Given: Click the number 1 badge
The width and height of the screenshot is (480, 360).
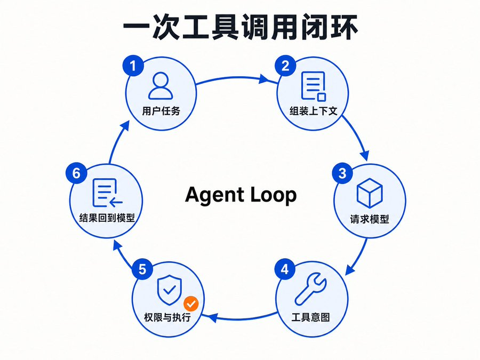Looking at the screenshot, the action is pyautogui.click(x=133, y=66).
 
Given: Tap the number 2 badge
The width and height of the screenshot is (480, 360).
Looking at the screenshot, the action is pyautogui.click(x=285, y=66).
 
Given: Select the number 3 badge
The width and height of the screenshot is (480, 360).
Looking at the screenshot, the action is pyautogui.click(x=342, y=173).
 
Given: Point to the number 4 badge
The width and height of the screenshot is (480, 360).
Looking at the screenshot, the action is pyautogui.click(x=285, y=269).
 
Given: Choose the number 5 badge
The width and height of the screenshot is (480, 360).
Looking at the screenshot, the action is pyautogui.click(x=142, y=269).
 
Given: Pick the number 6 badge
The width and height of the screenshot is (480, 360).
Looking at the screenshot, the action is pyautogui.click(x=76, y=173).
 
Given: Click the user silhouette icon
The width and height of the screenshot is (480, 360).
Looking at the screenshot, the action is pyautogui.click(x=161, y=86).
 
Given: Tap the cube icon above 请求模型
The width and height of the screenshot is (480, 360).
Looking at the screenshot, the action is pyautogui.click(x=370, y=193).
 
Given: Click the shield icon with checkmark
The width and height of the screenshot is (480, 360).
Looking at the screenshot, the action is pyautogui.click(x=169, y=290).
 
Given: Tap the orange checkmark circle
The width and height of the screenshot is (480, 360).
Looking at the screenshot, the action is pyautogui.click(x=191, y=304).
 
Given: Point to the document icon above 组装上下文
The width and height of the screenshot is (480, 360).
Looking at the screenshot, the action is pyautogui.click(x=313, y=86).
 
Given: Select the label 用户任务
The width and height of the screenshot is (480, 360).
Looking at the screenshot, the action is pyautogui.click(x=161, y=111).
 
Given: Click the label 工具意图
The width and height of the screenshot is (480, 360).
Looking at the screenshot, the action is pyautogui.click(x=311, y=317).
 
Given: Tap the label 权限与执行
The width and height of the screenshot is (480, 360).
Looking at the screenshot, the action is pyautogui.click(x=167, y=317).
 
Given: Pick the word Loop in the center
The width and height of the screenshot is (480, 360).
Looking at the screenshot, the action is pyautogui.click(x=274, y=196).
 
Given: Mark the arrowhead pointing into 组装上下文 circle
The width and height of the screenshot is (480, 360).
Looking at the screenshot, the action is pyautogui.click(x=264, y=79).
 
